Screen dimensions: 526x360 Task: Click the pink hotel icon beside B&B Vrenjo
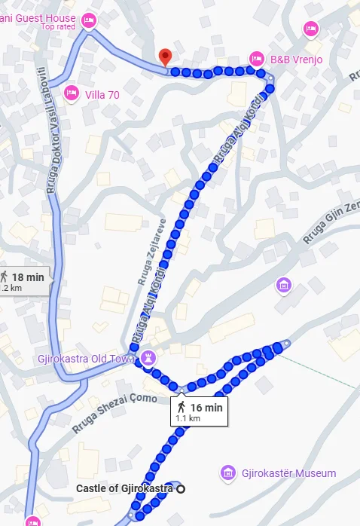pyautogui.click(x=256, y=58)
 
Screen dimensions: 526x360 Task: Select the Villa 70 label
pyautogui.click(x=102, y=94)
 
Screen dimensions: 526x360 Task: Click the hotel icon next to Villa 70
pyautogui.click(x=72, y=93)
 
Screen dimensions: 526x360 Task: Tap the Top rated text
pyautogui.click(x=57, y=27)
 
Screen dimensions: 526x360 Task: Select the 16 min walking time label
pyautogui.click(x=206, y=408)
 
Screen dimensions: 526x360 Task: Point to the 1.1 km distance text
pyautogui.click(x=188, y=418)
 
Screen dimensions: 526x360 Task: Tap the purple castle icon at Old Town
pyautogui.click(x=149, y=356)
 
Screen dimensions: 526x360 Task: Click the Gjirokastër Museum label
pyautogui.click(x=288, y=473)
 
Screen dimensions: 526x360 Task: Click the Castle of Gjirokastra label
pyautogui.click(x=125, y=489)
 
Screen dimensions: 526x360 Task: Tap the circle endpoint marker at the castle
pyautogui.click(x=181, y=489)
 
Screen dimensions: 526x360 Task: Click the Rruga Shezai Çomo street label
pyautogui.click(x=114, y=413)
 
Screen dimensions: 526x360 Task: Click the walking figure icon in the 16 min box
pyautogui.click(x=183, y=408)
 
